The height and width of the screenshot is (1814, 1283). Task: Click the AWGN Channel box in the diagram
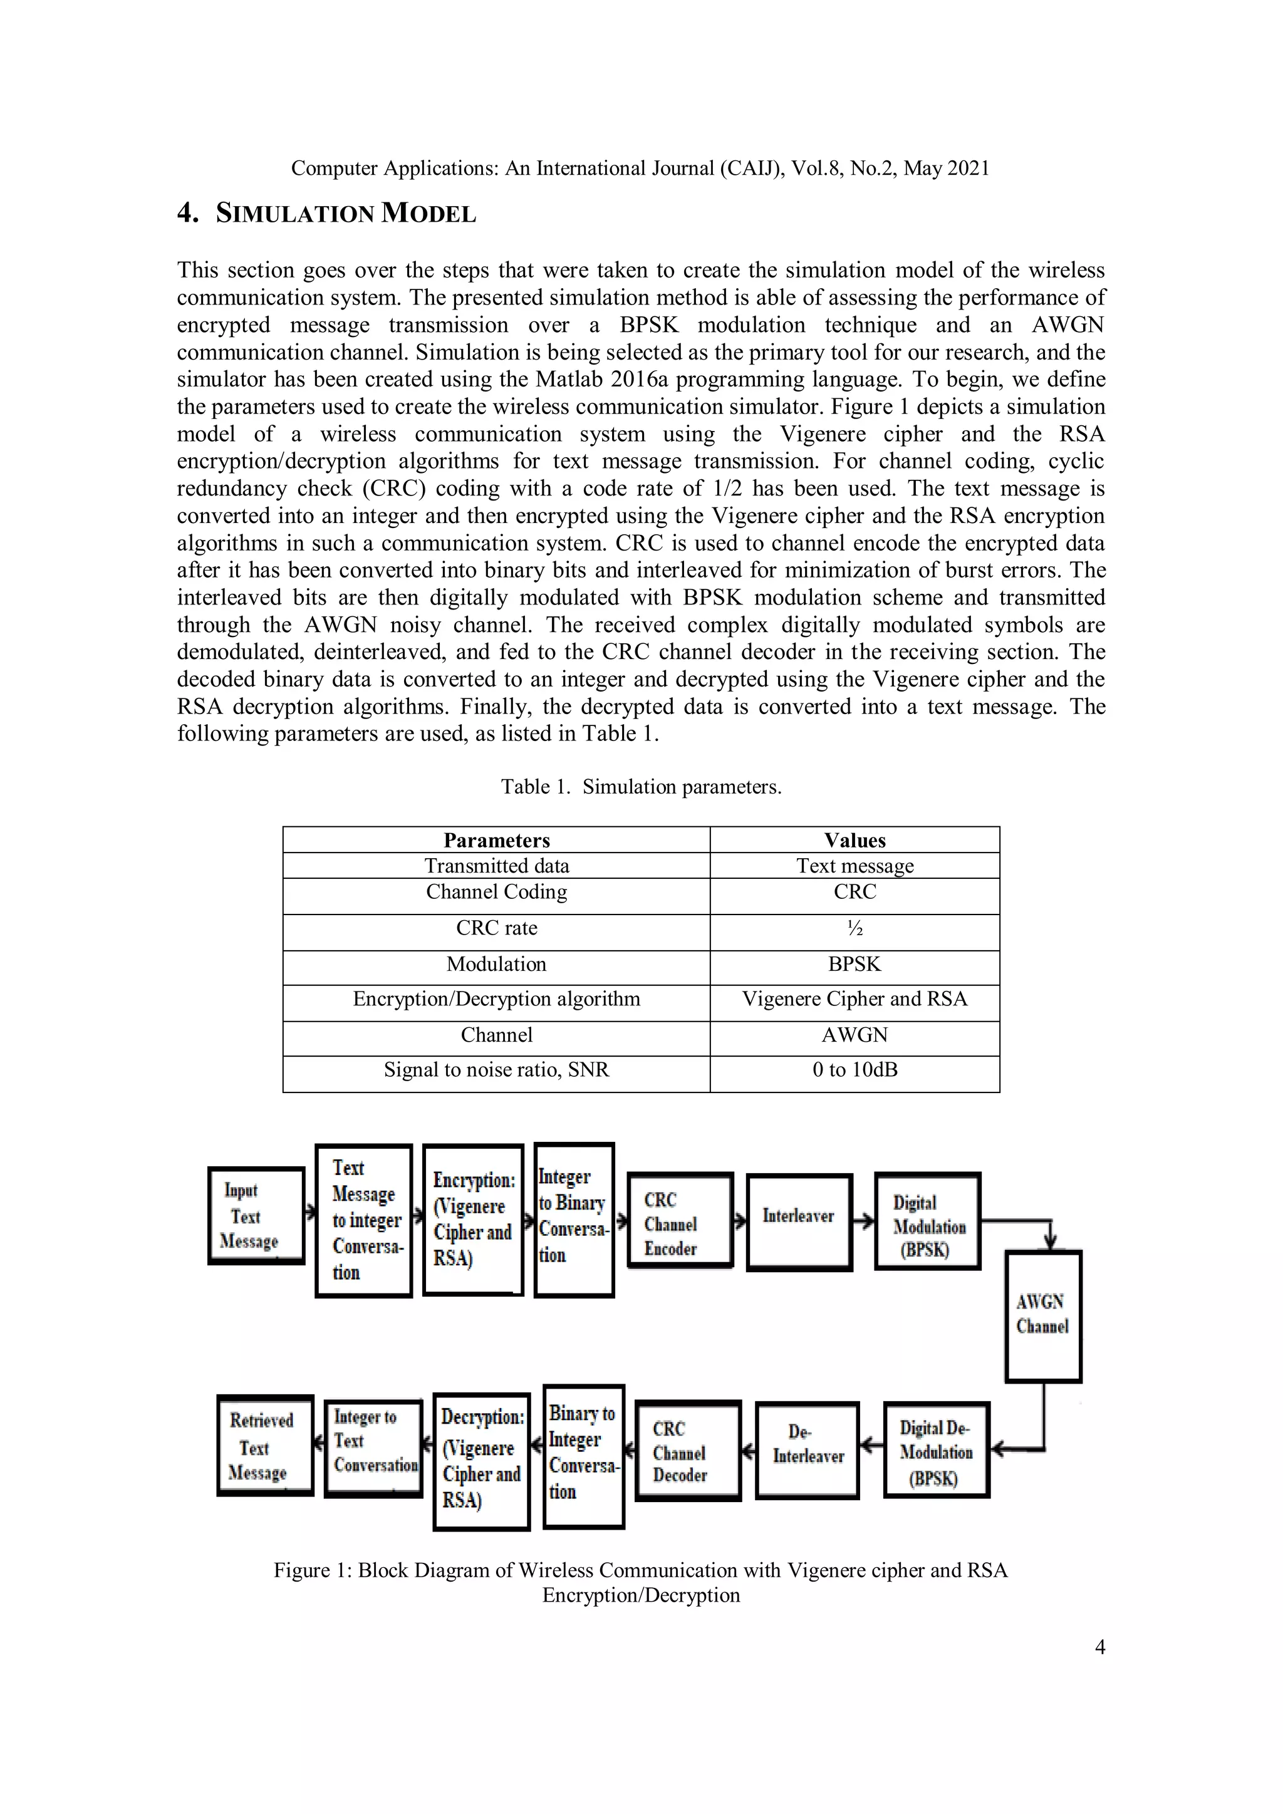point(1043,1316)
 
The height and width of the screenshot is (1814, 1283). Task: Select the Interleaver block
point(799,1221)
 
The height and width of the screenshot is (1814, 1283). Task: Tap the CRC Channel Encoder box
point(680,1221)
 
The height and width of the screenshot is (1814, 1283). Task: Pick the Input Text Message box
point(256,1216)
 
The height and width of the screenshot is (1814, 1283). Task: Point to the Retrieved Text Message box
point(264,1445)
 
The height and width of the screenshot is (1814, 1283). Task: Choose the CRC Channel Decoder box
point(687,1451)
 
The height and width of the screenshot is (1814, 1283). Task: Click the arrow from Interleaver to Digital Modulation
point(863,1221)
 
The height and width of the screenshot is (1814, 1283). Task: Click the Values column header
point(854,840)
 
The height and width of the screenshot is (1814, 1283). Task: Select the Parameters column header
point(496,840)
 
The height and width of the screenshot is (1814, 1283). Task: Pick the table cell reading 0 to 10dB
point(854,1070)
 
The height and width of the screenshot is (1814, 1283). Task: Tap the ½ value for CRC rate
point(854,928)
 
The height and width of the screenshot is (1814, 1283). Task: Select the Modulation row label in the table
point(496,964)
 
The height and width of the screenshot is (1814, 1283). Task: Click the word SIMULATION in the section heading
point(294,214)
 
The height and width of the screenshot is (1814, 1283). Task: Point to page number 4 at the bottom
point(1099,1647)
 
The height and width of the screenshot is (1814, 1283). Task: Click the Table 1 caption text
point(641,787)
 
